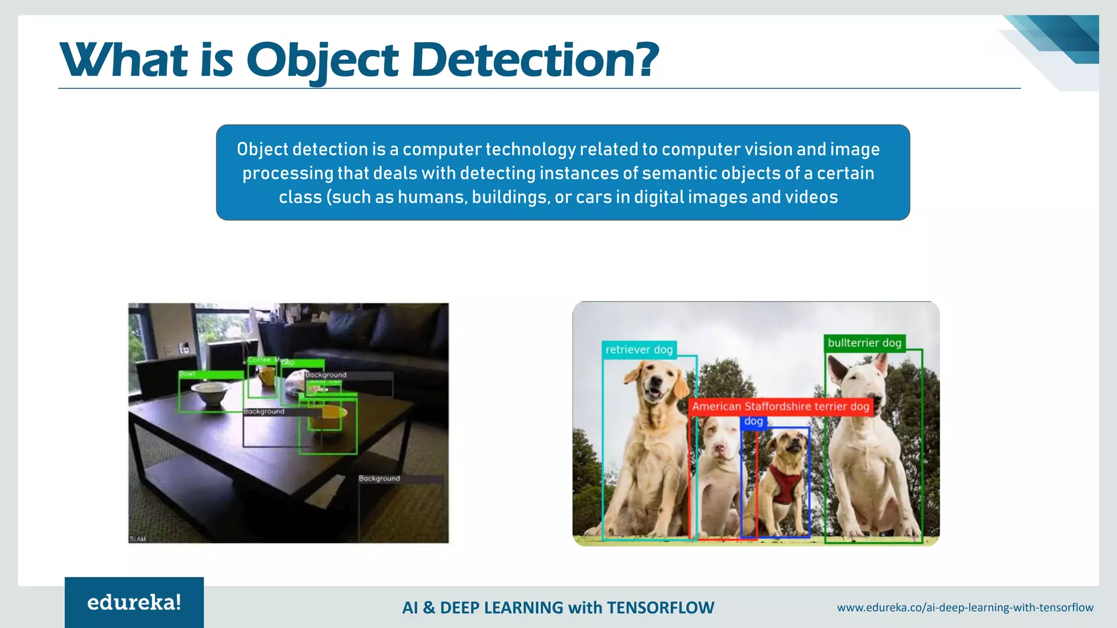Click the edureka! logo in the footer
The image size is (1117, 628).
coord(134,602)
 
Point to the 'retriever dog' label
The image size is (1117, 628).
coord(639,350)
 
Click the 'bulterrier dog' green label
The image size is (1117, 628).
coord(864,343)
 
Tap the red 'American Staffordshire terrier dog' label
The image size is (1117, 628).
coord(780,407)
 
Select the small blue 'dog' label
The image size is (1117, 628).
coord(753,421)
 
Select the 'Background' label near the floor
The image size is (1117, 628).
coord(380,479)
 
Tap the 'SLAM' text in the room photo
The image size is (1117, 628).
coord(137,539)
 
